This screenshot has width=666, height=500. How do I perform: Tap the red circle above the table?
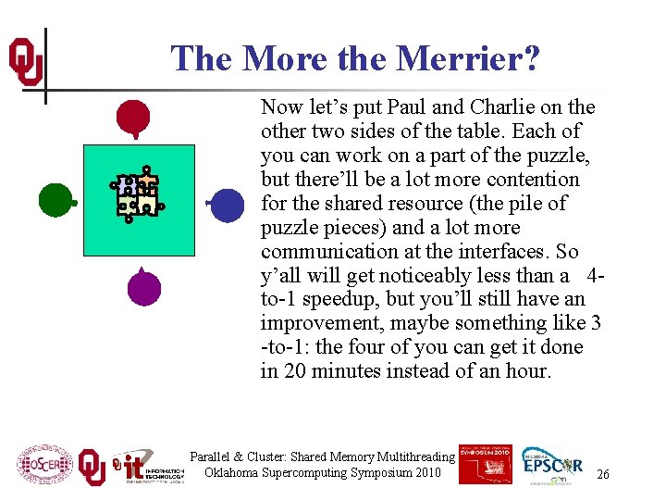[133, 117]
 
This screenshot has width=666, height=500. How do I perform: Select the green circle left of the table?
[55, 199]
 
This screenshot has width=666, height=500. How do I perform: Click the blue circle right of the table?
[227, 204]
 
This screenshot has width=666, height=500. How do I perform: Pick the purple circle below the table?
[144, 288]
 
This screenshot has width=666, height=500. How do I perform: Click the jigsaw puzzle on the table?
[137, 194]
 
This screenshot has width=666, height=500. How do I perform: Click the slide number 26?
[603, 474]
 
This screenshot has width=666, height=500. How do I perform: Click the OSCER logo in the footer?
[44, 464]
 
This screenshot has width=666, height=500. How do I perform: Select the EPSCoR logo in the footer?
[552, 464]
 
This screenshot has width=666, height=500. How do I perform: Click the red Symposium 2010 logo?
[486, 462]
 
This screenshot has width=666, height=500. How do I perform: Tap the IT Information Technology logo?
[148, 466]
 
